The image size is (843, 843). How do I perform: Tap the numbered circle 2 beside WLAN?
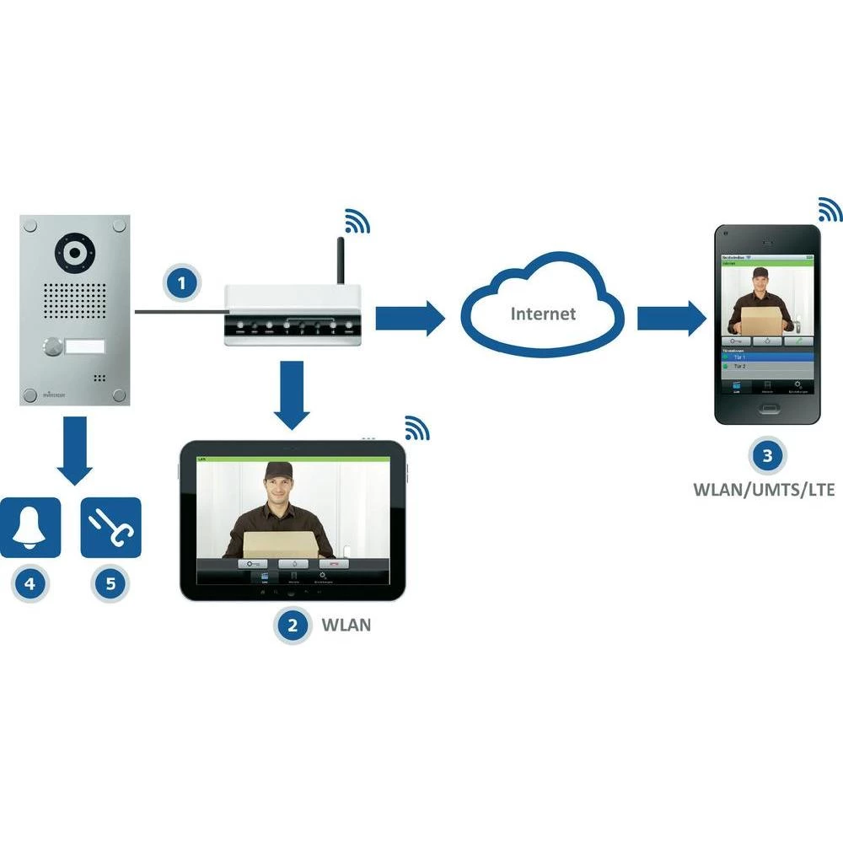point(293,625)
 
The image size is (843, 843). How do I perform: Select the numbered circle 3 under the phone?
point(765,456)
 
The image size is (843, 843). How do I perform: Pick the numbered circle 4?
point(30,583)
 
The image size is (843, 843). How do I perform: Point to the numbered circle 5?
point(110,583)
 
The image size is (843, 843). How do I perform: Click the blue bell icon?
point(30,527)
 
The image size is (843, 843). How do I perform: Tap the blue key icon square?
point(110,527)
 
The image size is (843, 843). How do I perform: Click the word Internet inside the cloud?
point(544,314)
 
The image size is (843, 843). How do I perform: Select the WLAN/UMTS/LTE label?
point(764,489)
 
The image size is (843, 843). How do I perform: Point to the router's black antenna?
point(341,260)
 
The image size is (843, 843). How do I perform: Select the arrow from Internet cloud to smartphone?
point(671,319)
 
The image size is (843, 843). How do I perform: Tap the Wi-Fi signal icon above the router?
point(357,221)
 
